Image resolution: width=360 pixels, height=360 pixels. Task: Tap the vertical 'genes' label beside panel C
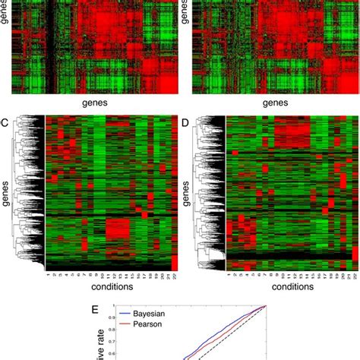7,194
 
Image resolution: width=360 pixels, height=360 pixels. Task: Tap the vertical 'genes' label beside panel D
188,194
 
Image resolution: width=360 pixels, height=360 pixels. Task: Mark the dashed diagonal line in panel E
228,334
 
